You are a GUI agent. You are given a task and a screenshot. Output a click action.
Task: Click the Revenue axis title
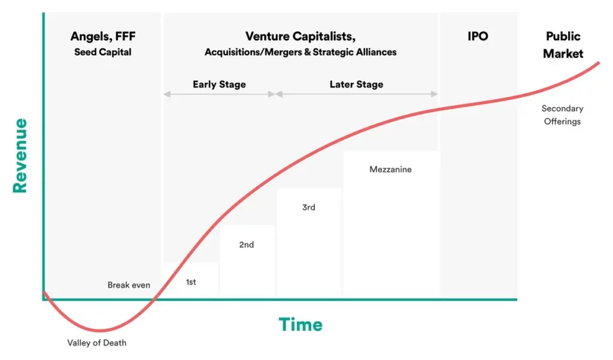pyautogui.click(x=20, y=156)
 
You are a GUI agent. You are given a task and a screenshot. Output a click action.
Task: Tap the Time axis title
pyautogui.click(x=301, y=325)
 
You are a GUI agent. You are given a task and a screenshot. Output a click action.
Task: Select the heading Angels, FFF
pyautogui.click(x=103, y=37)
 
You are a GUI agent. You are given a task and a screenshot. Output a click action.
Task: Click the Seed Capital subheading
pyautogui.click(x=103, y=52)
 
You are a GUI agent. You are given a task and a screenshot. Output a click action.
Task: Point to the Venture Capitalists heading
pyautogui.click(x=301, y=37)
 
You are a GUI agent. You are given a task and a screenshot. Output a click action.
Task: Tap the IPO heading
pyautogui.click(x=478, y=37)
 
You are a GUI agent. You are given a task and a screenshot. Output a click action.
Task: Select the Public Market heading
pyautogui.click(x=563, y=45)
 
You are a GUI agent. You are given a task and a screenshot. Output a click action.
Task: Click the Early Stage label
pyautogui.click(x=219, y=84)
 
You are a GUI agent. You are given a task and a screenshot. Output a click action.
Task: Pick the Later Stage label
pyautogui.click(x=356, y=84)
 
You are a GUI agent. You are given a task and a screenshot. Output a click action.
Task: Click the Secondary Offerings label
pyautogui.click(x=562, y=115)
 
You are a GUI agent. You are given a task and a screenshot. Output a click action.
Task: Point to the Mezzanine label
pyautogui.click(x=390, y=170)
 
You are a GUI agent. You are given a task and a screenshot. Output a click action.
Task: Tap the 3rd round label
pyautogui.click(x=308, y=207)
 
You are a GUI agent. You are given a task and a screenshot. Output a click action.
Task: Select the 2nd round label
pyautogui.click(x=246, y=244)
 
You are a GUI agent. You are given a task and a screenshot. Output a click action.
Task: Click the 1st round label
pyautogui.click(x=191, y=282)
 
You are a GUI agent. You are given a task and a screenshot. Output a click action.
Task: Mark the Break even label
pyautogui.click(x=129, y=285)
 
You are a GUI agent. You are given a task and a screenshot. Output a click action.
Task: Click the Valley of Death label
pyautogui.click(x=96, y=343)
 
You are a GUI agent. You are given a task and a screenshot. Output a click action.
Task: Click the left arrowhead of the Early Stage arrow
pyautogui.click(x=167, y=94)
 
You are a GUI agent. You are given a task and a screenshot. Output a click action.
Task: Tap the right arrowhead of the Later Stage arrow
pyautogui.click(x=434, y=94)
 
